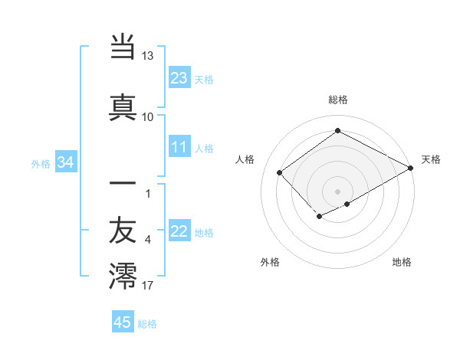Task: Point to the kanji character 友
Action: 123,230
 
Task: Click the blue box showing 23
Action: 179,77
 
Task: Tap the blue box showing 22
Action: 179,231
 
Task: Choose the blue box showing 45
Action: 123,322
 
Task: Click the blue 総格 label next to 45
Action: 147,324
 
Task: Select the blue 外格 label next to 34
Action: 41,163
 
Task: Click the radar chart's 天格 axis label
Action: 431,159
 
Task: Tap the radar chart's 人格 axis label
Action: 245,159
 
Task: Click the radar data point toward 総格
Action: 337,131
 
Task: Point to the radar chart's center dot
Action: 337,191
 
